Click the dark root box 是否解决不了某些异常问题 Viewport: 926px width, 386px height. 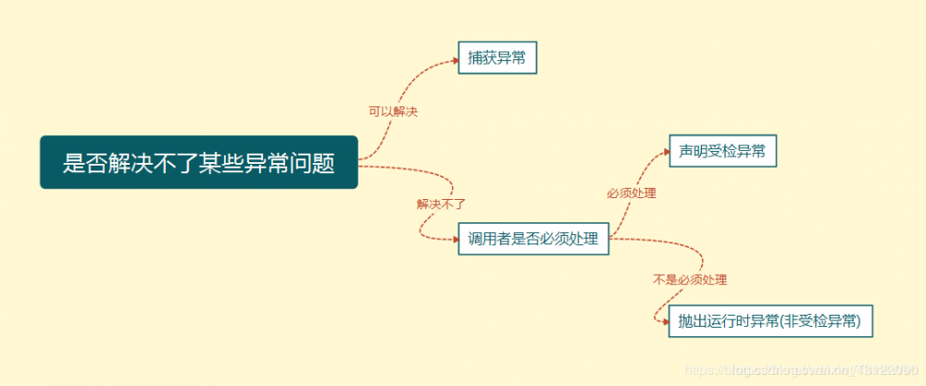tap(198, 163)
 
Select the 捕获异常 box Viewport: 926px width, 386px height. tap(498, 58)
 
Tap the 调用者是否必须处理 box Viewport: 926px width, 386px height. tap(533, 240)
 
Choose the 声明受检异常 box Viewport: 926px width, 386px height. tap(721, 151)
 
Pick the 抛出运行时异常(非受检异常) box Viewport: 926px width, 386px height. tap(770, 321)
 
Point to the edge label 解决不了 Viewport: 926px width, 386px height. tap(440, 204)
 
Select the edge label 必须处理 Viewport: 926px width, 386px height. tap(631, 193)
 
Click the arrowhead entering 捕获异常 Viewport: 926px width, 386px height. tap(455, 60)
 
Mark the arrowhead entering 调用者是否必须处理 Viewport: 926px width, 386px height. tap(455, 240)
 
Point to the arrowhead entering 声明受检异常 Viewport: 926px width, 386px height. tap(664, 152)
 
